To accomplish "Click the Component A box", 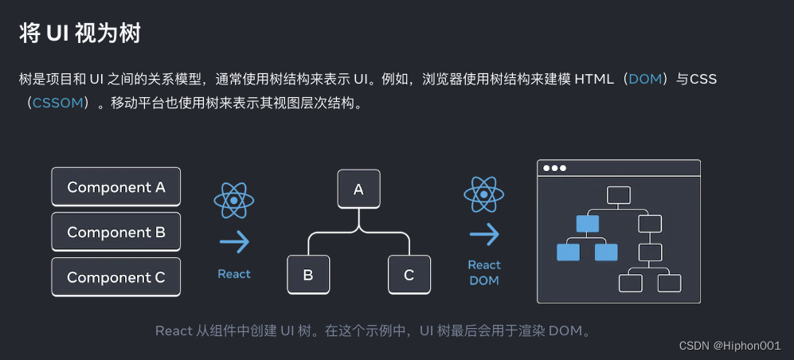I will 116,187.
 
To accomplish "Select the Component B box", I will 116,232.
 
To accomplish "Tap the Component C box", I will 116,277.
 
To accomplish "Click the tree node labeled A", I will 358,189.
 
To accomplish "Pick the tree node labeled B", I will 308,275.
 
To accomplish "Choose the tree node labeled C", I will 409,275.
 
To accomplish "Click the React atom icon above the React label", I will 234,200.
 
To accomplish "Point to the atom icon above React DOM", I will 484,194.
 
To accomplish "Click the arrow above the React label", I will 234,241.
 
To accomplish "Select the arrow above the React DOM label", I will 484,234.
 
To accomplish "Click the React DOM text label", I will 484,272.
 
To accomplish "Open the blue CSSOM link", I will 57,103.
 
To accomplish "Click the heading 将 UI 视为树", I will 80,33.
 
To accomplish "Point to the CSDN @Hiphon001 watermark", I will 729,345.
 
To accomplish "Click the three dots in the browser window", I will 553,168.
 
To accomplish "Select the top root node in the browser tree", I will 619,195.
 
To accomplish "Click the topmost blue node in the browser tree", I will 587,224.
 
